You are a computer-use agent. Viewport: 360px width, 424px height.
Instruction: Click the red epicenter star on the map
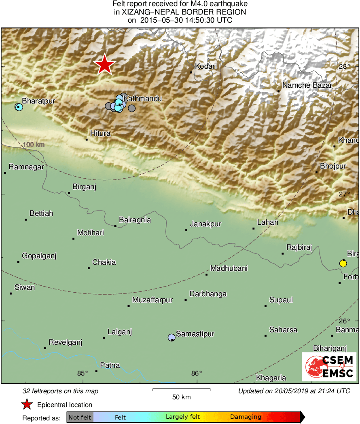(x=105, y=64)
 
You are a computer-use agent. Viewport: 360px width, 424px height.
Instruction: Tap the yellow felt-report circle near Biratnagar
(x=343, y=264)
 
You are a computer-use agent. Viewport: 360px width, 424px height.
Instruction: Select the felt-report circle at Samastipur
(x=172, y=337)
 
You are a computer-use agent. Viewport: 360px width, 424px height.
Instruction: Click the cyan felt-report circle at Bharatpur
(x=19, y=107)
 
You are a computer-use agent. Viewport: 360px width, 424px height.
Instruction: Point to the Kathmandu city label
(x=142, y=99)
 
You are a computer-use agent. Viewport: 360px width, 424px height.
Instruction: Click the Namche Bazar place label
(x=307, y=85)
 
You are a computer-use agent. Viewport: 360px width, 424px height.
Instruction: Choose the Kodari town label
(x=206, y=66)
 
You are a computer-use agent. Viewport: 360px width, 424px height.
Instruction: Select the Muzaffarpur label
(x=152, y=300)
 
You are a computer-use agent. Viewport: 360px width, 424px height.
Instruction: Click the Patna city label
(x=110, y=365)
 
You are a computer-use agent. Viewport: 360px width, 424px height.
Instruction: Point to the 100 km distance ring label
(x=34, y=145)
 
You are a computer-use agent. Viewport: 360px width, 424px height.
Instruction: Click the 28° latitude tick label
(x=344, y=66)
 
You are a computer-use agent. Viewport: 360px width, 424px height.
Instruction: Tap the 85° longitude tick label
(x=83, y=373)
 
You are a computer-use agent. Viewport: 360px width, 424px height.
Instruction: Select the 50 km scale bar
(x=181, y=390)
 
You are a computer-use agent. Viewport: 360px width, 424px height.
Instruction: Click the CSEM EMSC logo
(x=329, y=367)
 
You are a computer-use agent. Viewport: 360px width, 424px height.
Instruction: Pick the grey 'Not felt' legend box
(x=80, y=417)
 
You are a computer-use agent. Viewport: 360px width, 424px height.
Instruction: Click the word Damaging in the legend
(x=246, y=417)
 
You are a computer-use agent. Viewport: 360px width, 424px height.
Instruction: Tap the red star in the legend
(x=27, y=404)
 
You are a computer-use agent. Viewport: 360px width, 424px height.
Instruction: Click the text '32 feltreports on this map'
(x=60, y=391)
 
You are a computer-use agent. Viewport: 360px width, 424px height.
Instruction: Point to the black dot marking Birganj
(x=69, y=193)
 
